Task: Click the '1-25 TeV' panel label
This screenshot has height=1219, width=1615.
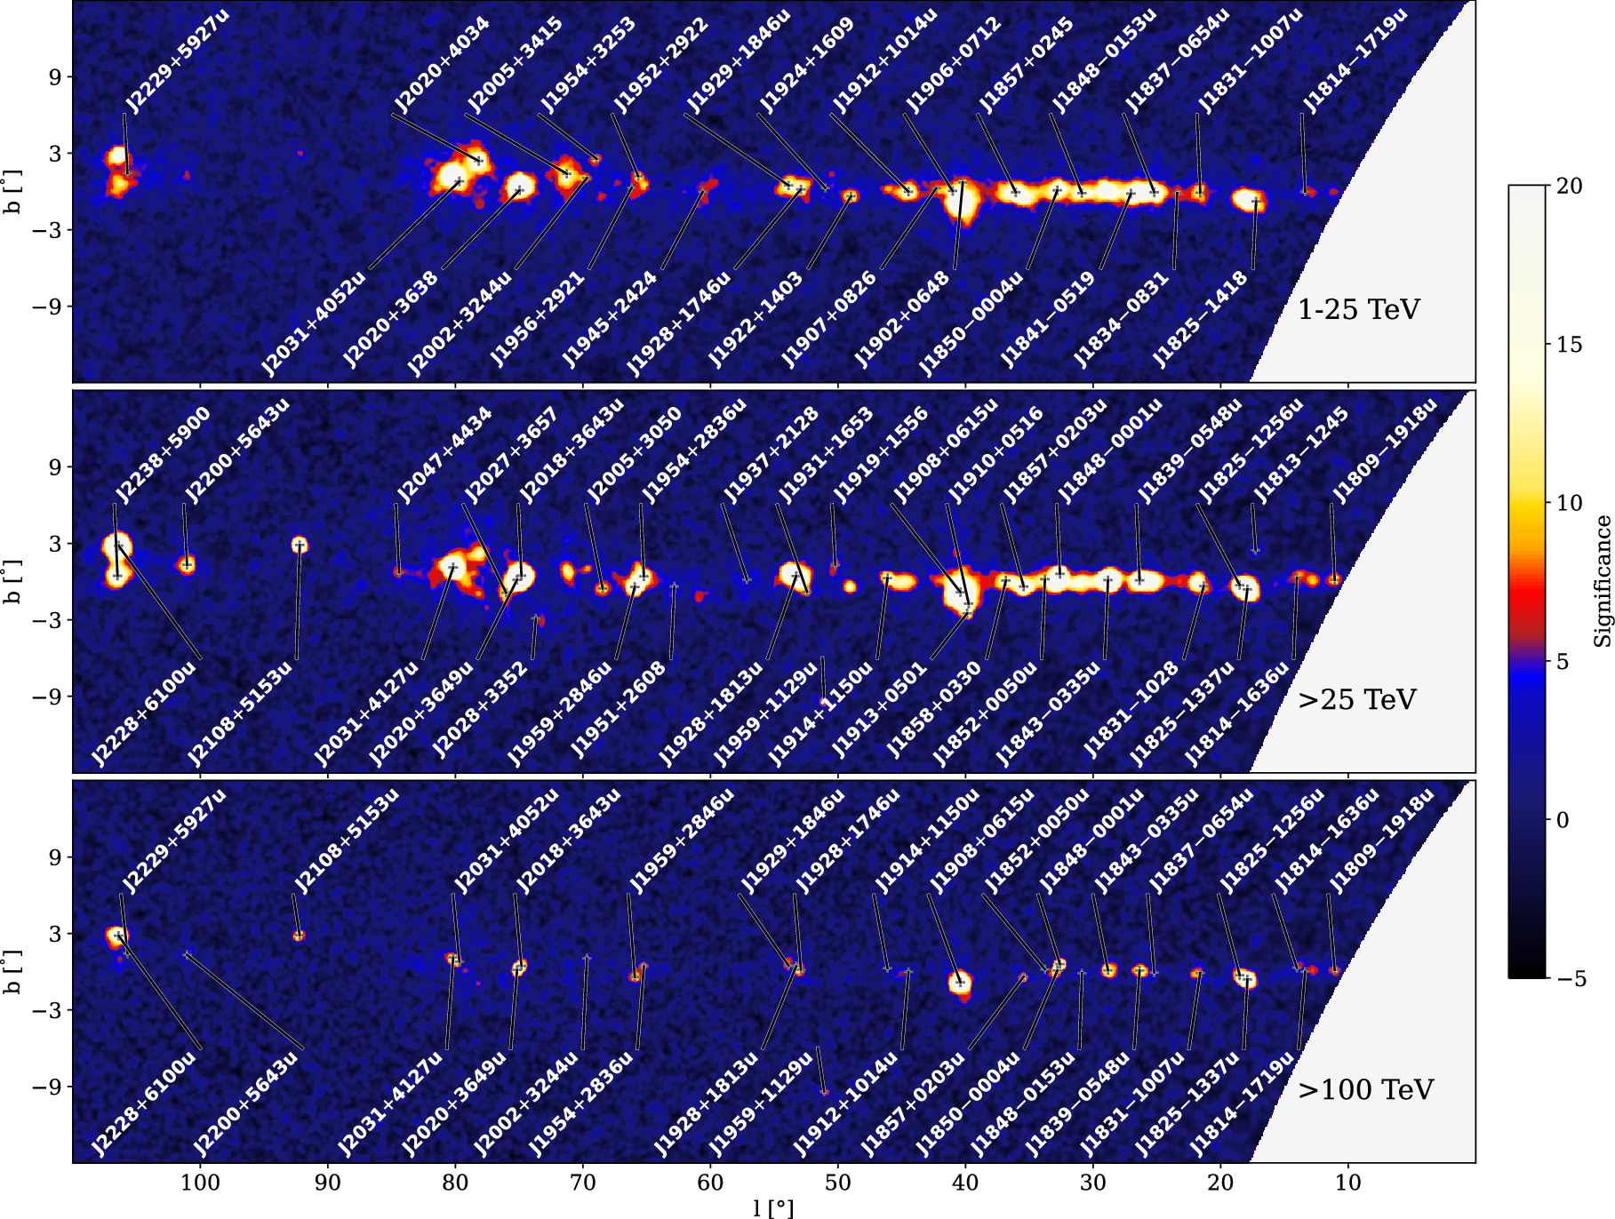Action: (1359, 310)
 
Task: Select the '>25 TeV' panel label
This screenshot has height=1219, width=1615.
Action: (1357, 700)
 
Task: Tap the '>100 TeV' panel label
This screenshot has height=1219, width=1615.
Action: (1365, 1090)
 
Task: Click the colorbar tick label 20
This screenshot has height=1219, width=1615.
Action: (1570, 186)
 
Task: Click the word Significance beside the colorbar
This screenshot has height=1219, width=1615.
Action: (1602, 581)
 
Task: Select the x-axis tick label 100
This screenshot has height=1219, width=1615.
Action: (200, 1183)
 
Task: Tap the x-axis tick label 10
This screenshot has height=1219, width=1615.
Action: (1347, 1183)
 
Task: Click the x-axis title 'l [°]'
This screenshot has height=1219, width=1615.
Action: (772, 1208)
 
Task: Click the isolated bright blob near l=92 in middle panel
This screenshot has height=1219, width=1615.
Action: (300, 545)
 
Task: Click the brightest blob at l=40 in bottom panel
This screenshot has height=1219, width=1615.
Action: (959, 983)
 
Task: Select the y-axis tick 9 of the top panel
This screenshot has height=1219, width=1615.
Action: (55, 77)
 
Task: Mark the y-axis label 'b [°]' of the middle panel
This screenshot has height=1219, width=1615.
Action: (12, 582)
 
